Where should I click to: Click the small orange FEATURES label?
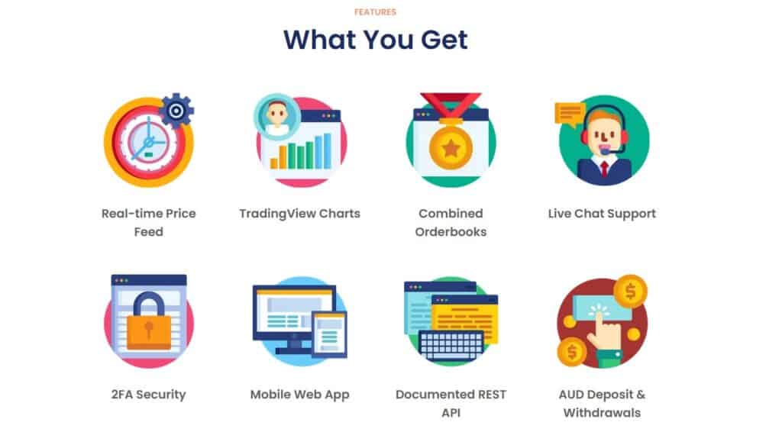tap(375, 12)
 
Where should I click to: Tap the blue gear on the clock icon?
tap(176, 110)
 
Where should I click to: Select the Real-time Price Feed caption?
tap(149, 222)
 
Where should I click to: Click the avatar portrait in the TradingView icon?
tap(276, 116)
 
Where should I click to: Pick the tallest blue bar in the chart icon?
tap(327, 151)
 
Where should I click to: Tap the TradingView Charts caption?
tap(299, 213)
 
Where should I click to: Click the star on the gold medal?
tap(451, 147)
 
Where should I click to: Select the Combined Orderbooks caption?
tap(451, 222)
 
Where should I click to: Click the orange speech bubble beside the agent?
tap(570, 114)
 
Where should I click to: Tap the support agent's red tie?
tap(605, 169)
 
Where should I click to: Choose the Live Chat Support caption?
tap(602, 213)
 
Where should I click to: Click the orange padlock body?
tap(149, 332)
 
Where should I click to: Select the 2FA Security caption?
tap(149, 394)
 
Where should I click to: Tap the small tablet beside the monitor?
tap(329, 334)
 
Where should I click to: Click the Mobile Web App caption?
tap(299, 394)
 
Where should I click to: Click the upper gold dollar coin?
tap(630, 292)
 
